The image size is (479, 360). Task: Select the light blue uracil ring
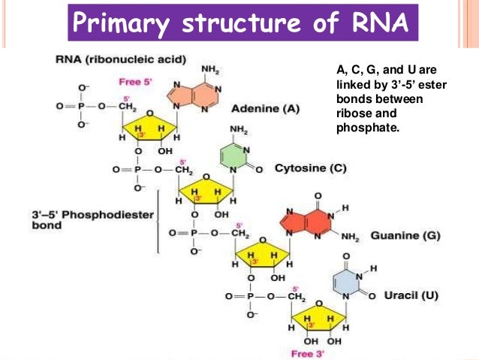pyautogui.click(x=348, y=283)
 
